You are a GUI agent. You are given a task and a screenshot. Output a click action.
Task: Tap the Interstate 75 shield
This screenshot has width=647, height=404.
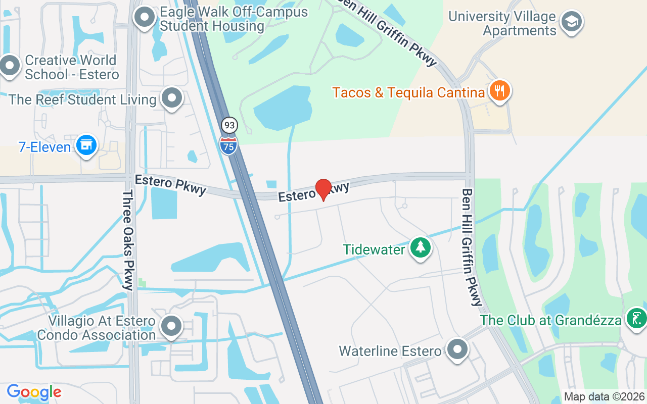pyautogui.click(x=228, y=145)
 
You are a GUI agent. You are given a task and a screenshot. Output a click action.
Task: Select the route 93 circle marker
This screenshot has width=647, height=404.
pyautogui.click(x=229, y=125)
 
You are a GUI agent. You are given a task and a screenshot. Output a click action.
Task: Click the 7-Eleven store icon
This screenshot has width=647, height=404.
pyautogui.click(x=86, y=145)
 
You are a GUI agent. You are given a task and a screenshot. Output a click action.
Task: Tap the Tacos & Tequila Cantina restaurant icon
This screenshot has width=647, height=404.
pyautogui.click(x=499, y=91)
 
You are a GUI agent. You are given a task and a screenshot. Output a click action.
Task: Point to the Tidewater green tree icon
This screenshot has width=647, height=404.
pyautogui.click(x=420, y=248)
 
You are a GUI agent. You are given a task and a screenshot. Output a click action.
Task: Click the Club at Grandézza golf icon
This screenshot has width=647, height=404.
pyautogui.click(x=636, y=319)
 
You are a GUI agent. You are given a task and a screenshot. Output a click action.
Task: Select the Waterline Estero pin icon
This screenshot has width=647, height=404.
pyautogui.click(x=458, y=349)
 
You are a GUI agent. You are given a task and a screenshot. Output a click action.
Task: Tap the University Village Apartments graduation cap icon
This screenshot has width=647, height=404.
pyautogui.click(x=572, y=22)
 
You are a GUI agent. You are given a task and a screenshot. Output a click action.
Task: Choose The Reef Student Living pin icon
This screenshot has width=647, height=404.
pyautogui.click(x=172, y=98)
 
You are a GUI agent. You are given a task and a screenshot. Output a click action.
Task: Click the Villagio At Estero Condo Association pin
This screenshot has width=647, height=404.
pyautogui.click(x=171, y=326)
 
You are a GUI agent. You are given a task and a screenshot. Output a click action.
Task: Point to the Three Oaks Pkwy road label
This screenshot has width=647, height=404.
pyautogui.click(x=128, y=240)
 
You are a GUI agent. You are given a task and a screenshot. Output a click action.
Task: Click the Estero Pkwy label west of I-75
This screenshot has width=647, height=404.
pyautogui.click(x=171, y=184)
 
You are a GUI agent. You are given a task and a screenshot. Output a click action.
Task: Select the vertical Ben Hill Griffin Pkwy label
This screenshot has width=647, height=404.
pyautogui.click(x=471, y=247)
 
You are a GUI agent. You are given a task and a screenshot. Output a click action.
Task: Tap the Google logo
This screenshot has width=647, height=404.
pyautogui.click(x=34, y=392)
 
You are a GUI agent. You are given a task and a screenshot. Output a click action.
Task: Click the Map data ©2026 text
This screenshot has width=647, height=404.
pyautogui.click(x=604, y=397)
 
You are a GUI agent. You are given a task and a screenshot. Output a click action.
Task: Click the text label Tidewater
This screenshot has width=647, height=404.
pyautogui.click(x=374, y=249)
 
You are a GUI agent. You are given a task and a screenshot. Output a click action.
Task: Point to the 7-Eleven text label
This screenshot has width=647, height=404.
pyautogui.click(x=44, y=147)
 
